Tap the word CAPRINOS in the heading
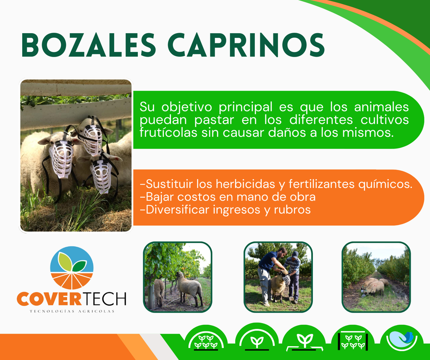pos(246,45)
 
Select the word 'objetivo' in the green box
pos(186,107)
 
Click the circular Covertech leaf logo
pos(72,268)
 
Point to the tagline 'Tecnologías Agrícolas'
pos(72,311)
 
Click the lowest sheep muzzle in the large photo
pos(101,176)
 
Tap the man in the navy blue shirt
pos(270,274)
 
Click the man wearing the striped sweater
pos(292,276)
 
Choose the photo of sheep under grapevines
pos(178,277)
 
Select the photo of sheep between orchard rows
pos(376,277)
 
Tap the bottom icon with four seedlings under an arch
pos(206,341)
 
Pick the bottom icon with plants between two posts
pos(353,341)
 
